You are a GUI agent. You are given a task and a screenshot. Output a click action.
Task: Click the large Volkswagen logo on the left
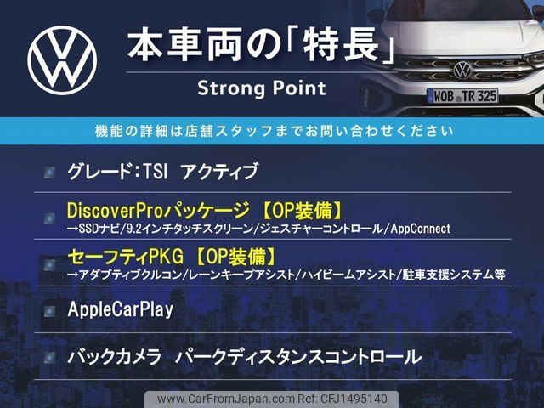pos(62,60)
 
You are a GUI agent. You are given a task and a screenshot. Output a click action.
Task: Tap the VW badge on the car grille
pos(462,70)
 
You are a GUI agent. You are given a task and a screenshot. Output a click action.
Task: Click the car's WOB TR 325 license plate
pos(462,96)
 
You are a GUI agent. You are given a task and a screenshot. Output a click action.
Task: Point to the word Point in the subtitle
pos(299,88)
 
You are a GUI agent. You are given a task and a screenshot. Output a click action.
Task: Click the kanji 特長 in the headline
pos(340,45)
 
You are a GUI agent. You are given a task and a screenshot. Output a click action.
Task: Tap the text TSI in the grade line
pos(156,171)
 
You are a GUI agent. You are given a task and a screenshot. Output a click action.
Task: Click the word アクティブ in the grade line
pos(219,172)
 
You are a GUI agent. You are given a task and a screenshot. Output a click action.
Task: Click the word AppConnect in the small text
pos(421,229)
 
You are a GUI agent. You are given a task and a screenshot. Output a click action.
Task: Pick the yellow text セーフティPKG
pos(126,257)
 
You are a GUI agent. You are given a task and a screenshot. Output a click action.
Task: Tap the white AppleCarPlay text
pos(121,309)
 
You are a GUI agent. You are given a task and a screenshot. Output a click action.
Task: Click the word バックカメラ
pos(115,357)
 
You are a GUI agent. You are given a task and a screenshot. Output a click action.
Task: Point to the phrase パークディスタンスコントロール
pos(298,357)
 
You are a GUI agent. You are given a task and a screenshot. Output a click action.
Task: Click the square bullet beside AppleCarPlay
pos(49,311)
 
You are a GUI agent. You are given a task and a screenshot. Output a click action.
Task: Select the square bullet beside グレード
pos(49,172)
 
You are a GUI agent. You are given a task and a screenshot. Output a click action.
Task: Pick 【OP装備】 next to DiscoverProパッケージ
pos(302,210)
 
